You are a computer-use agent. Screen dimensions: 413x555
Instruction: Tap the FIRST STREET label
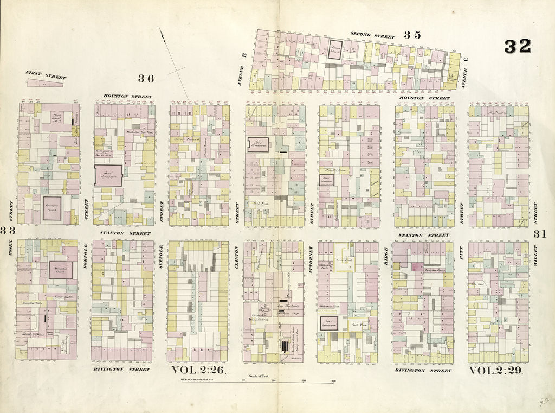pyautogui.click(x=45, y=74)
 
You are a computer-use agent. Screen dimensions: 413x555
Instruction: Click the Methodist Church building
pyautogui.click(x=60, y=270)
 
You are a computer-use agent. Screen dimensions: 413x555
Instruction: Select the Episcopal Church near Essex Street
pyautogui.click(x=52, y=208)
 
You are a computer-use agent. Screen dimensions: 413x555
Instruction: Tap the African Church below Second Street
pyautogui.click(x=335, y=48)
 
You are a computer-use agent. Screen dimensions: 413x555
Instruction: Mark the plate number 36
pyautogui.click(x=145, y=78)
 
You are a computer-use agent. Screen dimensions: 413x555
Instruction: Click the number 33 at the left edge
pyautogui.click(x=7, y=230)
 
